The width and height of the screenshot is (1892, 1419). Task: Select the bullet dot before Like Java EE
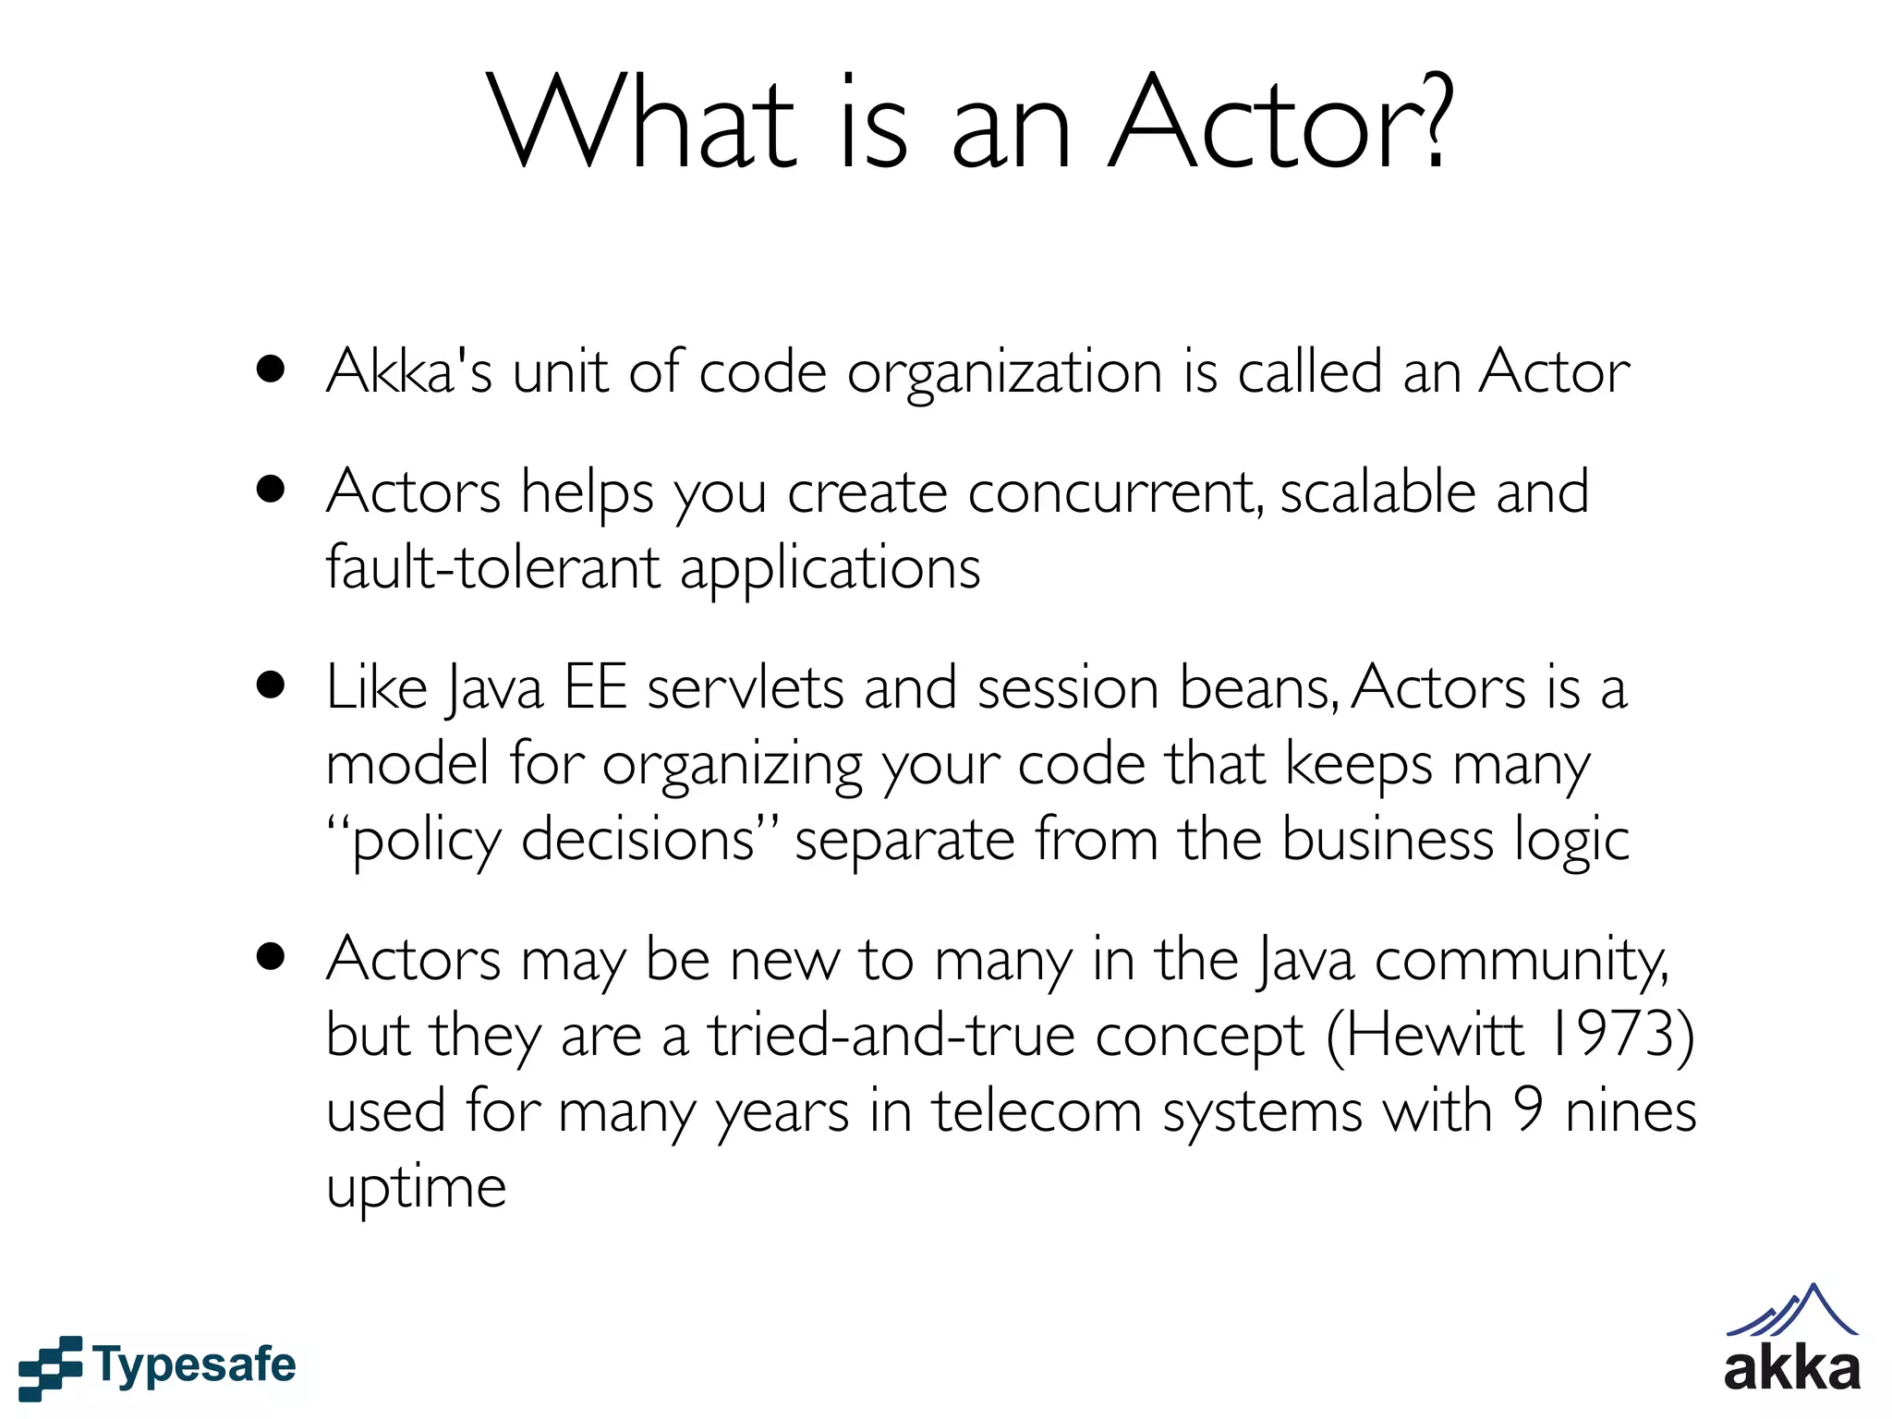click(271, 686)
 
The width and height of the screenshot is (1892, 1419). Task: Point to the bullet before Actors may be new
click(271, 957)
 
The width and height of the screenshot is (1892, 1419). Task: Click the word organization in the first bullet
click(1004, 374)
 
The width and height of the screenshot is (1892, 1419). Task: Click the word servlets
click(746, 688)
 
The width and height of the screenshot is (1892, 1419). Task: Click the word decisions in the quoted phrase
click(638, 840)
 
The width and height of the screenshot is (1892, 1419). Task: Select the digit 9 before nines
click(1529, 1110)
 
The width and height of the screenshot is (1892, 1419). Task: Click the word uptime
click(416, 1188)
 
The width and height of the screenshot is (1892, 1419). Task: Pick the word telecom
click(1037, 1110)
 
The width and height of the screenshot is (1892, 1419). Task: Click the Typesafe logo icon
click(50, 1366)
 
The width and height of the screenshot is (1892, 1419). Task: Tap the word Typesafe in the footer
click(195, 1365)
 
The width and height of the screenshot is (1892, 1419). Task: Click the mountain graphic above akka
click(1791, 1311)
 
